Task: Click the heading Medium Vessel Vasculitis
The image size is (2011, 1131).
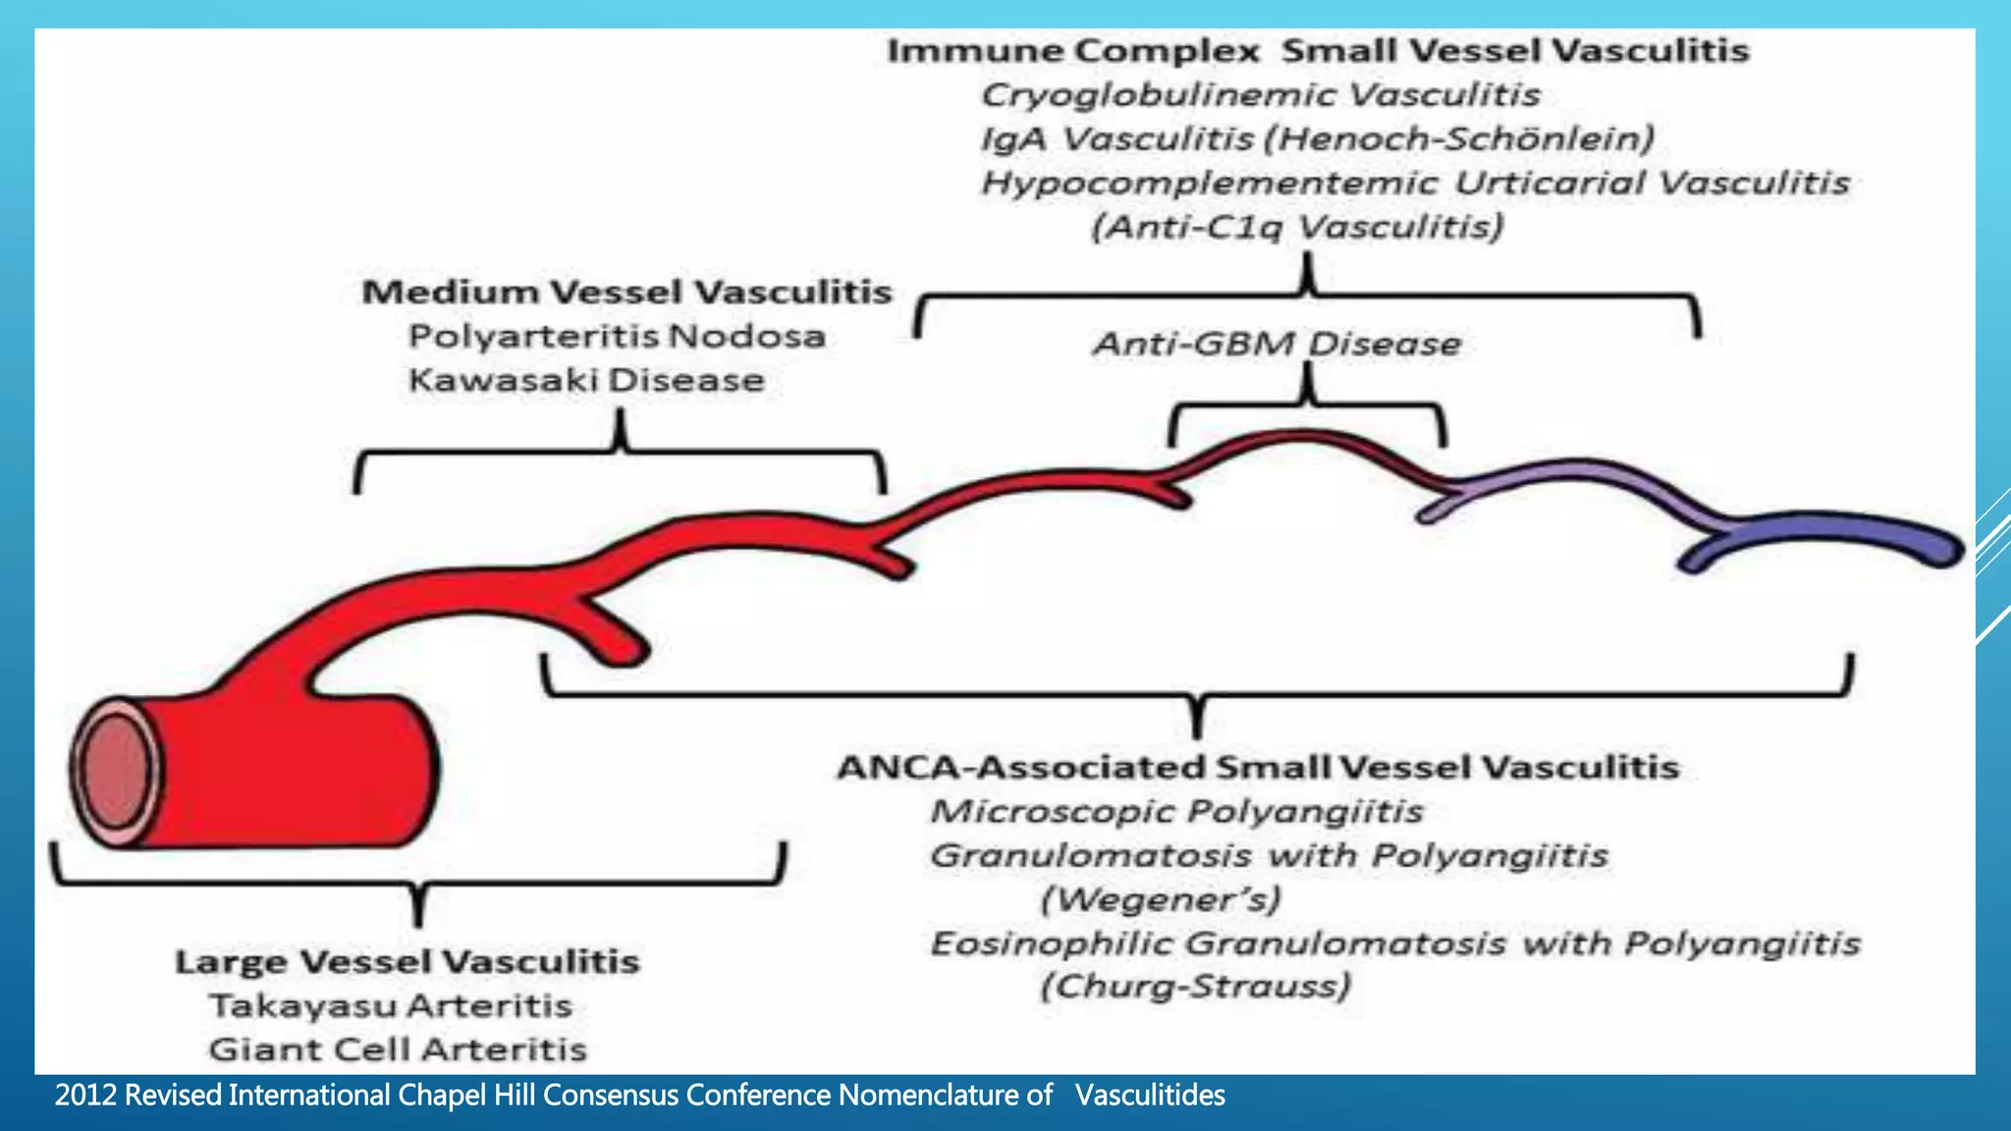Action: tap(626, 292)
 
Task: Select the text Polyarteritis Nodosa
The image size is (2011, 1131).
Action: tap(617, 336)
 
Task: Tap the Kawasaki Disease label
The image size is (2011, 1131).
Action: tap(586, 380)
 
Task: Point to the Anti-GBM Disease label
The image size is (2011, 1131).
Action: tap(1277, 344)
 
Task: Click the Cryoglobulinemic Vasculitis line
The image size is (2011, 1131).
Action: tap(1261, 94)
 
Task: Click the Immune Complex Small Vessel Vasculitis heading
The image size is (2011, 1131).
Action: tap(1318, 50)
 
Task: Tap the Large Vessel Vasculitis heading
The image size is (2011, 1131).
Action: tap(408, 961)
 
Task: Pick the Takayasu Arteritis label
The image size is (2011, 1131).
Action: tap(391, 1005)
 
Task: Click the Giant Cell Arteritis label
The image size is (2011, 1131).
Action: tap(398, 1050)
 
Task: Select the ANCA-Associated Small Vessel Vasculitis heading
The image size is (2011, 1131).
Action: tap(1258, 767)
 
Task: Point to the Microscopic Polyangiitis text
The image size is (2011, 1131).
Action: tap(1176, 811)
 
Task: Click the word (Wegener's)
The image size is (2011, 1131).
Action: tap(1161, 899)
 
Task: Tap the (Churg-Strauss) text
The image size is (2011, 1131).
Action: tap(1195, 986)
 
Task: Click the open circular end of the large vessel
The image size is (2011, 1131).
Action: tap(116, 771)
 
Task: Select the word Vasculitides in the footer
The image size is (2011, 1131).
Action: tap(1150, 1095)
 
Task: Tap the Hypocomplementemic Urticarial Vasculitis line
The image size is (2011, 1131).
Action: tap(1415, 183)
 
